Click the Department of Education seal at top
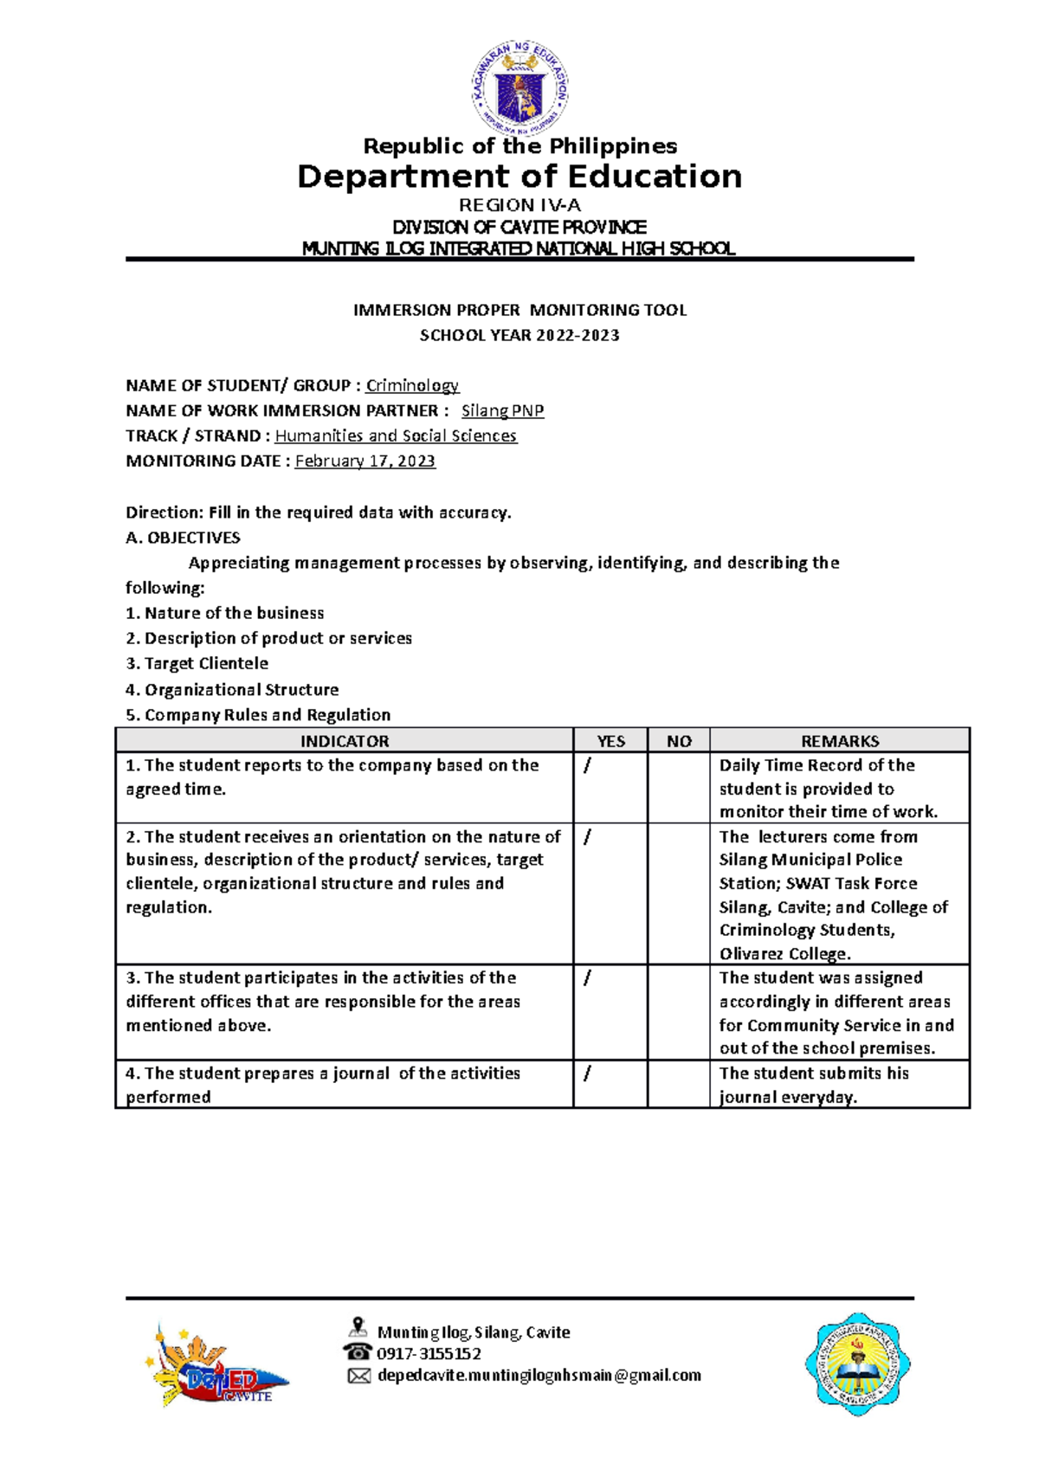point(519,87)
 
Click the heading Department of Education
point(519,177)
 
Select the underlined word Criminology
point(412,385)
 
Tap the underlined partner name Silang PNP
point(502,410)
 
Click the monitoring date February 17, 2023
point(365,461)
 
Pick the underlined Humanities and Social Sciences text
point(396,435)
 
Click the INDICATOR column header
point(344,741)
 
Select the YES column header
point(610,741)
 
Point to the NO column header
point(679,741)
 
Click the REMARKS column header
point(839,741)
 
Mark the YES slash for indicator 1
point(588,766)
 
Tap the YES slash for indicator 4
point(588,1073)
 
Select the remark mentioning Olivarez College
point(833,895)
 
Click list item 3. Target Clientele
point(197,663)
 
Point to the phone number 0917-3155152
point(429,1353)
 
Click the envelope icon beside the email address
point(358,1376)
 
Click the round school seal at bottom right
point(857,1364)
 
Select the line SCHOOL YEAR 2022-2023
point(519,335)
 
